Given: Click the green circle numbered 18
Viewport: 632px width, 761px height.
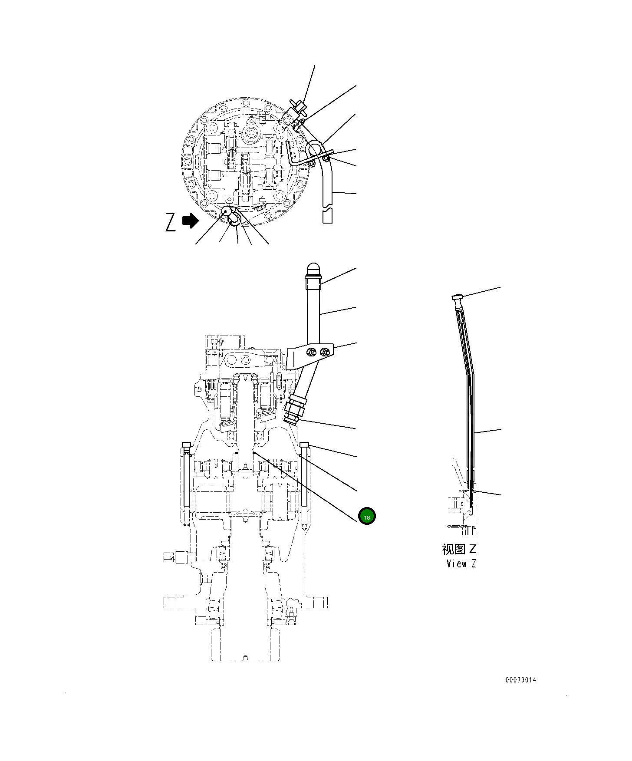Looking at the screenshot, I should [367, 516].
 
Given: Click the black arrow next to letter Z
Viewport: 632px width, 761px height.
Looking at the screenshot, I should [190, 221].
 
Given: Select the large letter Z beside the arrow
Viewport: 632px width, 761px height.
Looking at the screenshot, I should [171, 222].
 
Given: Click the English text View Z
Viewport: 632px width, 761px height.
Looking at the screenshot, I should [461, 564].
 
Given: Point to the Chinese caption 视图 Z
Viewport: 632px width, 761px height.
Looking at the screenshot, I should [459, 549].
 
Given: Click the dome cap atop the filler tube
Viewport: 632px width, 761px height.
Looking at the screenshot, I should [313, 269].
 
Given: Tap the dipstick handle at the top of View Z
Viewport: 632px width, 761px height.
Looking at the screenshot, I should [457, 297].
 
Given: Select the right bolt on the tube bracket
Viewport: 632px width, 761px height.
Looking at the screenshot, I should [324, 352].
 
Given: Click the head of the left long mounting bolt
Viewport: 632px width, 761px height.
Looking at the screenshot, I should [186, 445].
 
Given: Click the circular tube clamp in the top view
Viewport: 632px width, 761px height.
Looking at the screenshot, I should [315, 150].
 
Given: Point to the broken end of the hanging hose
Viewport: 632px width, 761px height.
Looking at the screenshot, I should [328, 216].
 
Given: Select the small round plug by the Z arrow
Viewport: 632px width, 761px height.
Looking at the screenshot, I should [227, 211].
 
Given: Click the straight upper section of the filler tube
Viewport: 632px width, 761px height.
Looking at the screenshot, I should [313, 313].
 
